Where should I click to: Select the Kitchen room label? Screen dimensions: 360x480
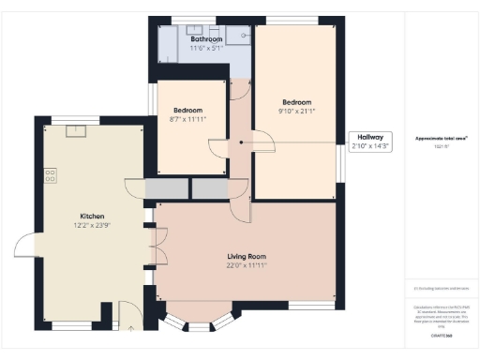(91, 216)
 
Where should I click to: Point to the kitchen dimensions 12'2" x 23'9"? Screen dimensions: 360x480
(91, 225)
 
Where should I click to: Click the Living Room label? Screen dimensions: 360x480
(247, 256)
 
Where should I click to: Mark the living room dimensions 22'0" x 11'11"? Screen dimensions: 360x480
(247, 265)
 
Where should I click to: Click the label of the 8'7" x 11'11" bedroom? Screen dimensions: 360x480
(190, 110)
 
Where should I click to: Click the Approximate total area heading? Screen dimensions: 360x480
(442, 138)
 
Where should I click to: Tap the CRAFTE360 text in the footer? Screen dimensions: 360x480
(442, 335)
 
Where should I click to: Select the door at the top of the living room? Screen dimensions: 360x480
(242, 210)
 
